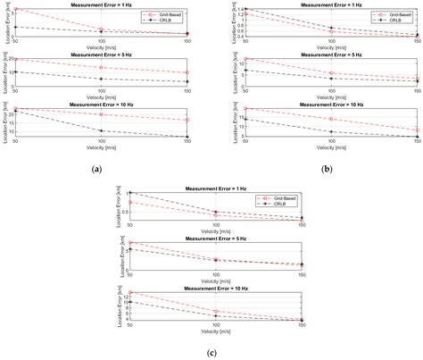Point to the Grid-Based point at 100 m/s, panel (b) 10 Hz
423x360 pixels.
(331, 119)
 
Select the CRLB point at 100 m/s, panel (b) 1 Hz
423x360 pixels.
(331, 28)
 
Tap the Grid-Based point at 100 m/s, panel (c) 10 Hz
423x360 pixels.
(215, 311)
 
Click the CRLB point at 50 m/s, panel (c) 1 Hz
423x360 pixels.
(130, 193)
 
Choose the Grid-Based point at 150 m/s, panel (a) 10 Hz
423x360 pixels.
(187, 120)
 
